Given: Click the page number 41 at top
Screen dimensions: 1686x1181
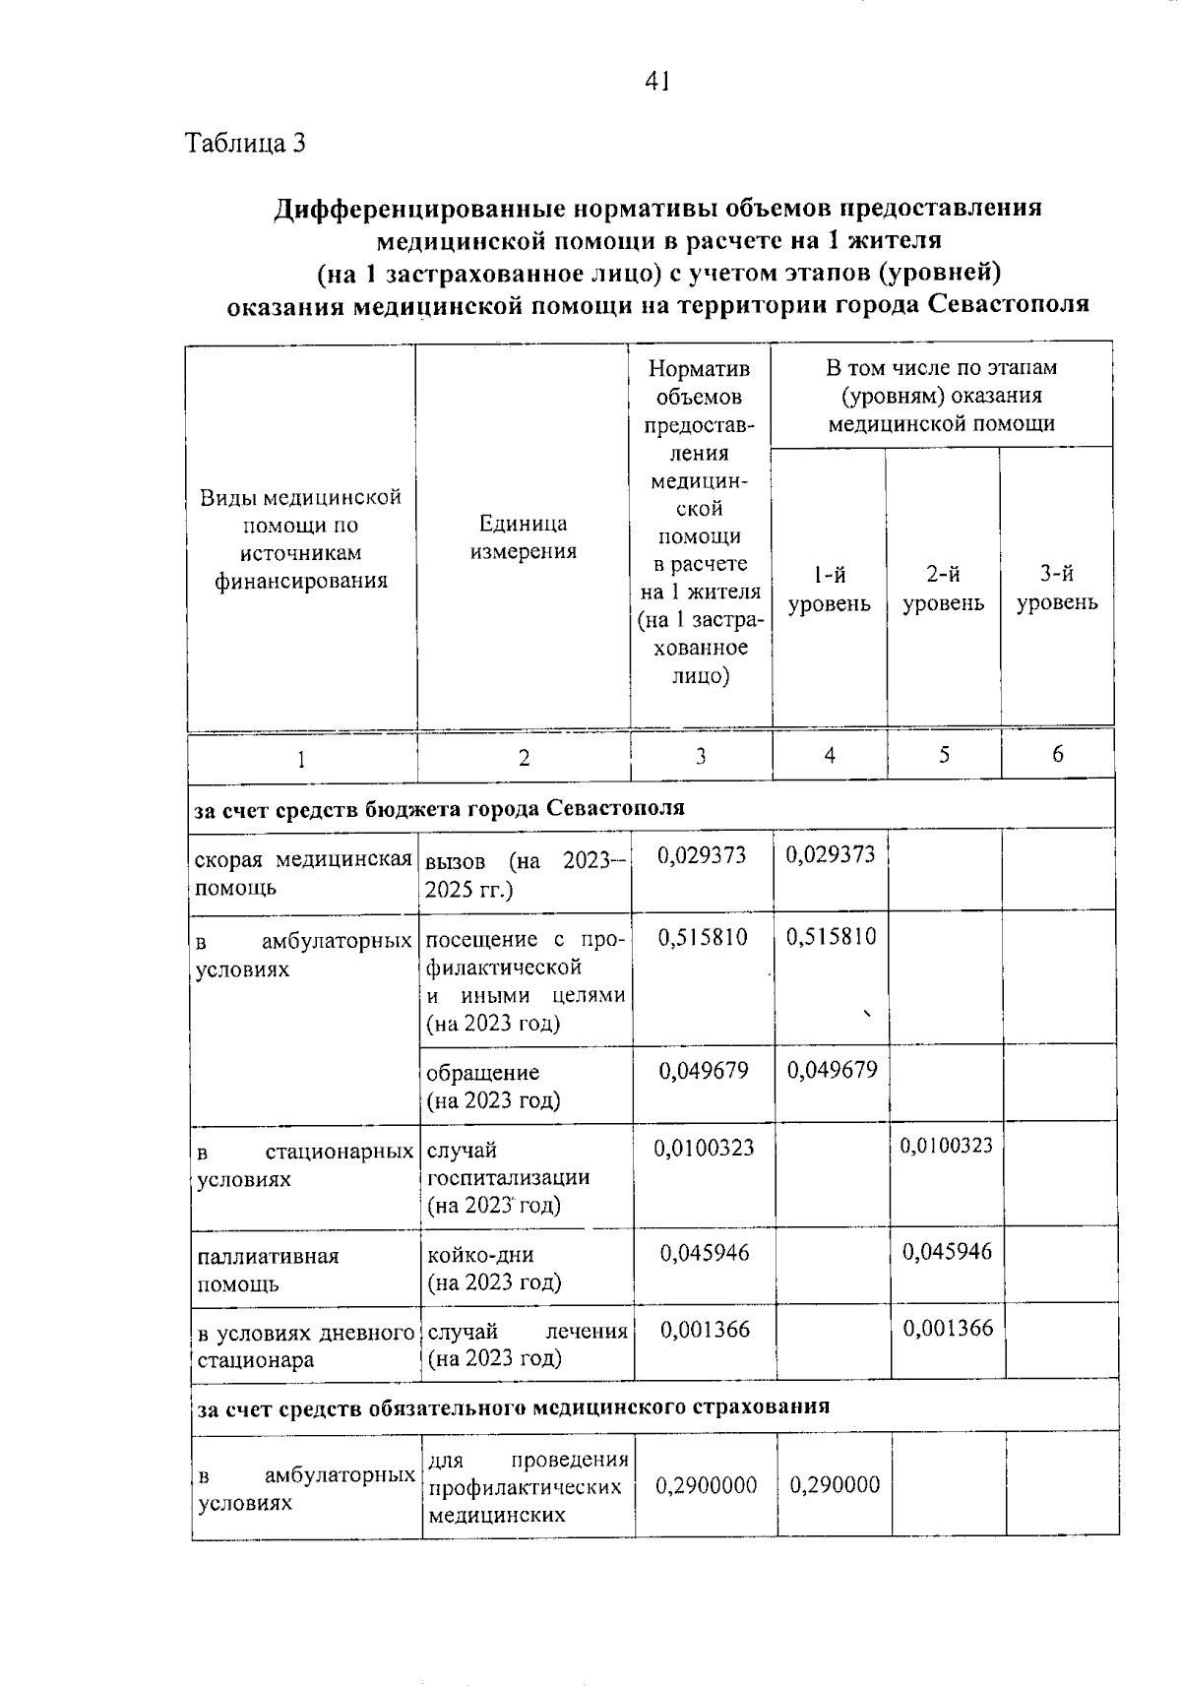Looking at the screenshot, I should point(656,82).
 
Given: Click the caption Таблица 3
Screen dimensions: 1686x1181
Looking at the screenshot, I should point(246,144).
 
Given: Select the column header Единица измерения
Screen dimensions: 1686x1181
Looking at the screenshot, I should point(523,537).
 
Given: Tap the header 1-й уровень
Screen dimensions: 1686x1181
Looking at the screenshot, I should point(829,589).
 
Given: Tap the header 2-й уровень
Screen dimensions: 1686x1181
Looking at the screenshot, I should point(943,589).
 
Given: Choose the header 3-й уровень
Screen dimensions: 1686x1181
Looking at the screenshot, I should point(1057,589).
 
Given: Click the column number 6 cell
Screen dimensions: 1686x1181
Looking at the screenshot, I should point(1057,754).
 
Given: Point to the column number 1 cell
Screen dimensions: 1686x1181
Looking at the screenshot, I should point(301,758).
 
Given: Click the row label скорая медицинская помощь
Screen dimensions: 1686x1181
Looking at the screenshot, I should point(303,873).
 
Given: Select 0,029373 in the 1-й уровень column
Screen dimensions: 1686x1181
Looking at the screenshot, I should point(830,854).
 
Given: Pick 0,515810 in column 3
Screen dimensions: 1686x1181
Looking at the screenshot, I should point(702,937).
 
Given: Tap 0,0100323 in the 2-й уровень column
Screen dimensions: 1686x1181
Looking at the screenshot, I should point(946,1146).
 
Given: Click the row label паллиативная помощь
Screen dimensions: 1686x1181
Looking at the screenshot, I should point(268,1270).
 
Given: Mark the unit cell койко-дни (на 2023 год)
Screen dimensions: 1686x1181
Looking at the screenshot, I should point(493,1269).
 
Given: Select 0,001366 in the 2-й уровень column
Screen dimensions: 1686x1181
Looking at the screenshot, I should point(948,1329).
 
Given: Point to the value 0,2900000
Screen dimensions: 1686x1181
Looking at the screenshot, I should point(706,1485).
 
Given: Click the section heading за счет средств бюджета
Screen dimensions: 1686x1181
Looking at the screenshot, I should point(439,809).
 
